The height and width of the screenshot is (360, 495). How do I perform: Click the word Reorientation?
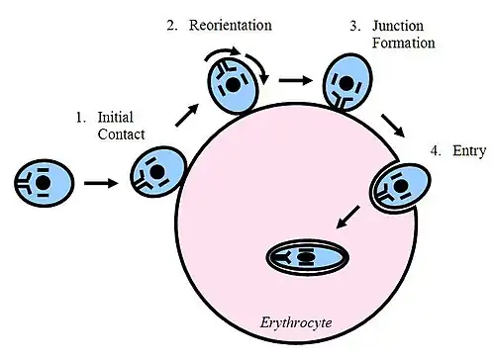click(231, 26)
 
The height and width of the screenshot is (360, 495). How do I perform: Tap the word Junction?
click(398, 26)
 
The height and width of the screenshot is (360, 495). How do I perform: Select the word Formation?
click(404, 43)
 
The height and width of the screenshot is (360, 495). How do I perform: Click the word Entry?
click(469, 151)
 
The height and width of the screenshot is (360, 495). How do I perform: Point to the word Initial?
click(116, 117)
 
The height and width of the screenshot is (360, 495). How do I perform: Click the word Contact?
click(121, 135)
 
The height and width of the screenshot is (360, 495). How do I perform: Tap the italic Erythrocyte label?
click(296, 322)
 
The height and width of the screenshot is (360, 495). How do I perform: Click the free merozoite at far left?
click(45, 183)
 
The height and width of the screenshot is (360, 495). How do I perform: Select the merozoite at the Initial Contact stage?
click(159, 172)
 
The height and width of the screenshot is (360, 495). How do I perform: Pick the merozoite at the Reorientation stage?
click(233, 86)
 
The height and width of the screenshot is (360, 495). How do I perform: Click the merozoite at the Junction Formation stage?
click(347, 82)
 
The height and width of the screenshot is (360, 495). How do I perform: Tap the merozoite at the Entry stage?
click(400, 187)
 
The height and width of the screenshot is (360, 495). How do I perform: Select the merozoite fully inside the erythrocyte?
click(308, 257)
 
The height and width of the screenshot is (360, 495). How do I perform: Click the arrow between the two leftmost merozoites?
click(101, 183)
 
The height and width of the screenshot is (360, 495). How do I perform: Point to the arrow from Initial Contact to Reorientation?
click(187, 115)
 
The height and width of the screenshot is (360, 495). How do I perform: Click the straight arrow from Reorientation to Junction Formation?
click(296, 80)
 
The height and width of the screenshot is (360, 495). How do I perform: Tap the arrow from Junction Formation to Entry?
click(393, 126)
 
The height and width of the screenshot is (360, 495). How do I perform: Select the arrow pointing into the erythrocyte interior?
click(348, 217)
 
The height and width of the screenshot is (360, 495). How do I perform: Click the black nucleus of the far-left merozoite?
click(43, 183)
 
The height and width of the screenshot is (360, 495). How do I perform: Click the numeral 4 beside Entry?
click(436, 151)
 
